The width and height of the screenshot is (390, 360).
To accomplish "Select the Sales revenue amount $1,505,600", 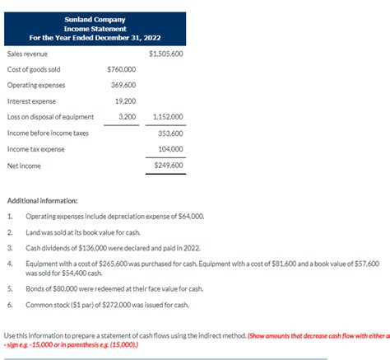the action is [x=166, y=54].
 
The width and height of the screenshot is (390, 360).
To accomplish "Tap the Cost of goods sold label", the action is [x=34, y=69].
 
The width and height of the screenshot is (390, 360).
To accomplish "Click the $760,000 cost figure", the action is [x=122, y=69].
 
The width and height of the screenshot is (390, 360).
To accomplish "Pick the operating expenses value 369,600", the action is [x=123, y=85].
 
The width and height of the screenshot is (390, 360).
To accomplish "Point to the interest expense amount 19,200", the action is [x=126, y=101].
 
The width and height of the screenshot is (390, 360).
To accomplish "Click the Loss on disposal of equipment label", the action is [x=50, y=116].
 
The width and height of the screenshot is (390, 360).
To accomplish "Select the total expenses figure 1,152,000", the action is [x=168, y=116].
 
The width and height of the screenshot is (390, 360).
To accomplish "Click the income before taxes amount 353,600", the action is [x=170, y=133].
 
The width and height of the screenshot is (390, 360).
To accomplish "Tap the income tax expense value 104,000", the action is [x=170, y=148].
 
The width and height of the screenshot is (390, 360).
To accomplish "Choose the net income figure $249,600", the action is [x=169, y=165].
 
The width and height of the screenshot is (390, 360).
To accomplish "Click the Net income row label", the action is [x=24, y=165].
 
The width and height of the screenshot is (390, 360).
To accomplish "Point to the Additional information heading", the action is [x=42, y=201].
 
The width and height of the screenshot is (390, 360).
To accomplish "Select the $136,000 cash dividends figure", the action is [x=98, y=247].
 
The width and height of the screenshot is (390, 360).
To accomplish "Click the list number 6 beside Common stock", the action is [x=9, y=305].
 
